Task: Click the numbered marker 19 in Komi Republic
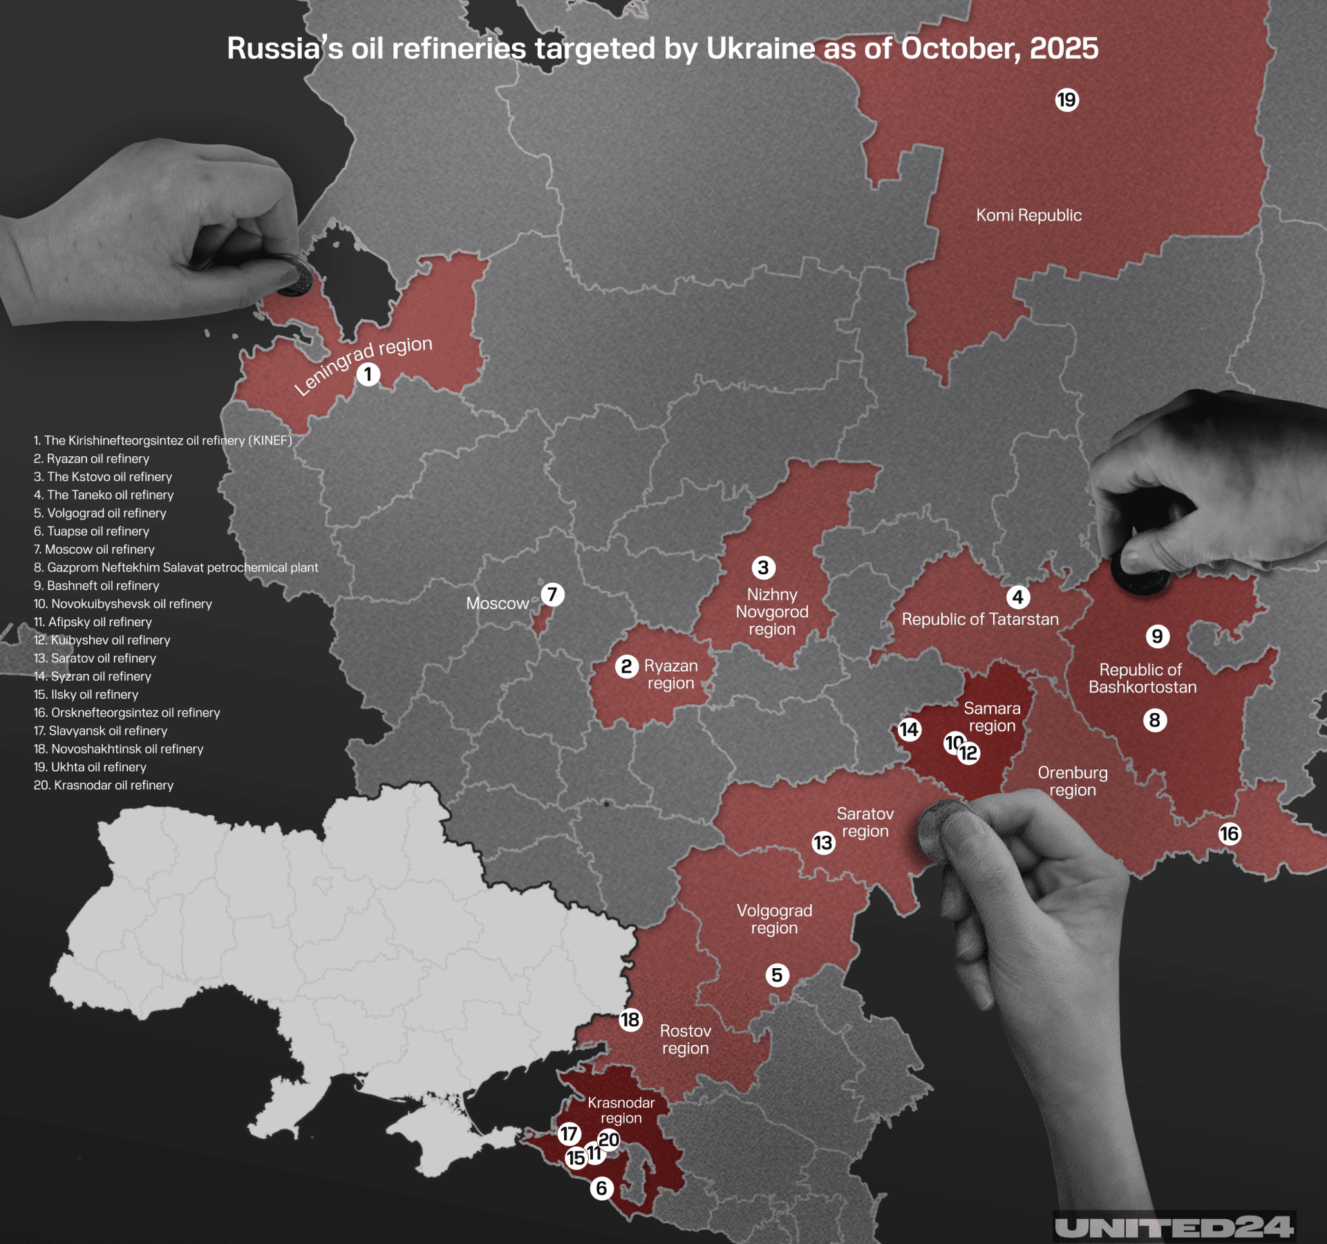click(x=1066, y=100)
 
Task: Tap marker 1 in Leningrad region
click(x=368, y=375)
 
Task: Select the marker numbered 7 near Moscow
click(x=552, y=594)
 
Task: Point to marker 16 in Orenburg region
click(x=1229, y=833)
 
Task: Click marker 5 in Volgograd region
click(x=777, y=975)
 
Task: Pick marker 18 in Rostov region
click(x=630, y=1019)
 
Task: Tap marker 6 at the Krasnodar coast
click(x=601, y=1188)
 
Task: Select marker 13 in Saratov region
click(x=822, y=842)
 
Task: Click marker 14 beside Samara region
click(x=909, y=729)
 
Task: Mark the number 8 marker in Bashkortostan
click(x=1154, y=720)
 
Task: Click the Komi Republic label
click(x=1028, y=215)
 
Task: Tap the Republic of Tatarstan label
click(x=980, y=619)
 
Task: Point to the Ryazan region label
click(x=670, y=675)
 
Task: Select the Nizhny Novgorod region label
click(x=772, y=612)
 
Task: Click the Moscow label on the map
click(x=497, y=603)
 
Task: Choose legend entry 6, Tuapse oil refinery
click(x=91, y=531)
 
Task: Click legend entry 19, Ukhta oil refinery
click(x=90, y=766)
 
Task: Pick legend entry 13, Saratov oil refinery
click(x=95, y=658)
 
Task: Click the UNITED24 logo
click(x=1174, y=1227)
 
